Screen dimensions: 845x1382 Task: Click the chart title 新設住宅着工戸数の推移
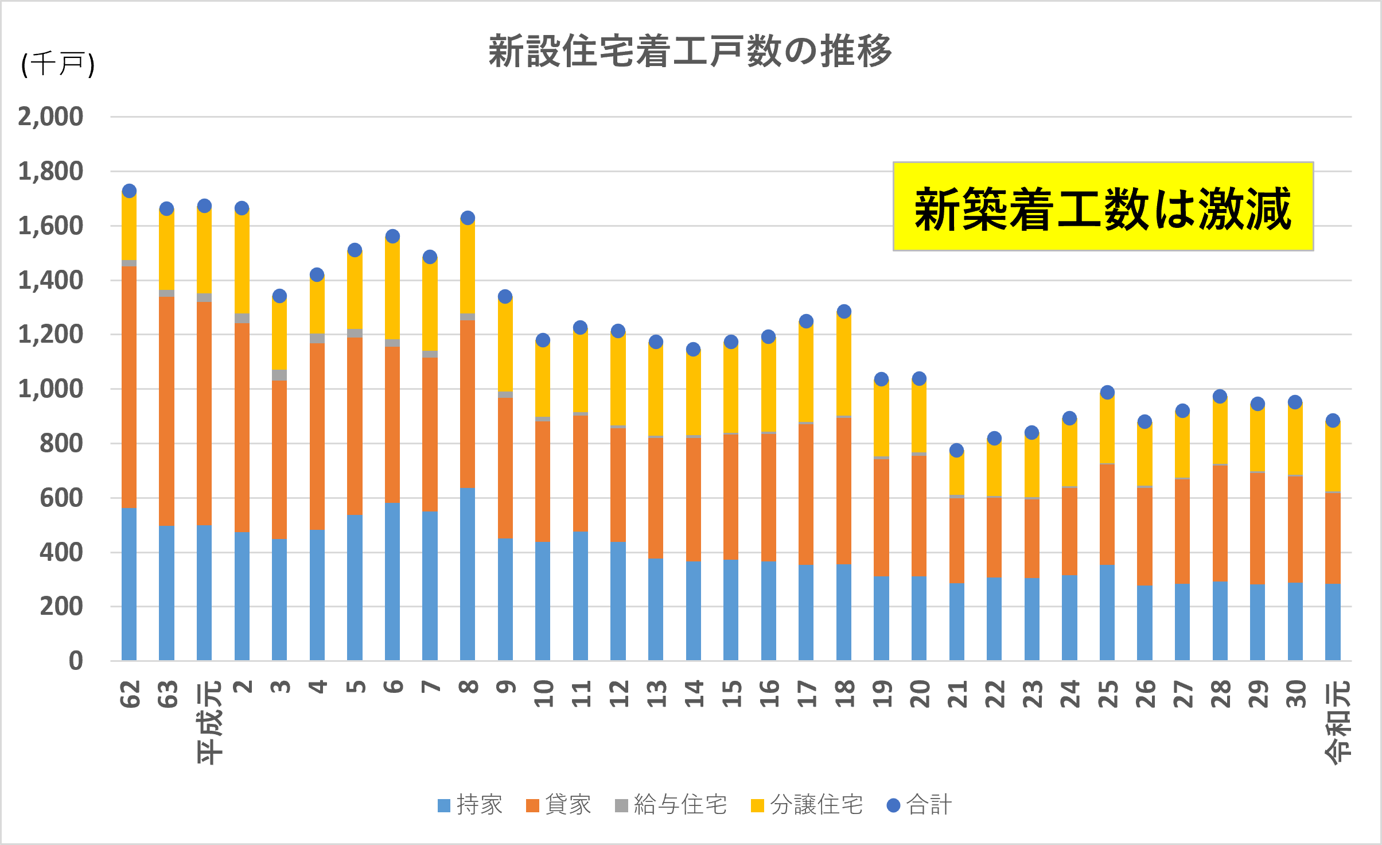tap(690, 52)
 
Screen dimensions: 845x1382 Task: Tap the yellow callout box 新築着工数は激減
tap(1103, 207)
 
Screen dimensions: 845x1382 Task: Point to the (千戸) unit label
tap(57, 64)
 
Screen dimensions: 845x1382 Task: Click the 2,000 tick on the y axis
tap(50, 117)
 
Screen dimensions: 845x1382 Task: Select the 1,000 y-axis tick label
tap(50, 389)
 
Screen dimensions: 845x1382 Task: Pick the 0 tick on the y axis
tap(76, 661)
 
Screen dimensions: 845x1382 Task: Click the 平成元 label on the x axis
tap(209, 722)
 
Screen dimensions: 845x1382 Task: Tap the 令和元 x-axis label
tap(1338, 722)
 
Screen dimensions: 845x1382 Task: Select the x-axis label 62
tap(130, 694)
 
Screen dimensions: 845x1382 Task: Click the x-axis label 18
tap(844, 694)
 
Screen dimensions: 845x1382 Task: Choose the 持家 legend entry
tap(470, 805)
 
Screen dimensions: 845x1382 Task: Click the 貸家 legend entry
tap(559, 805)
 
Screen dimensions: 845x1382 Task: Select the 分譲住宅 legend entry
tap(807, 805)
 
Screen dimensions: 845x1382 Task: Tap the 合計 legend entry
tap(920, 805)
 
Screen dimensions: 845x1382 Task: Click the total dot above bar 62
tap(129, 191)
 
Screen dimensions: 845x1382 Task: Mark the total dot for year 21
tap(956, 450)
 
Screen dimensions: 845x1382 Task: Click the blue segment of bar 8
tap(468, 574)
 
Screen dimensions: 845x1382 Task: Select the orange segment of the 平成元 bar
tap(204, 413)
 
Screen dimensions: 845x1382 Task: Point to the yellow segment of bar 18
tap(844, 365)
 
